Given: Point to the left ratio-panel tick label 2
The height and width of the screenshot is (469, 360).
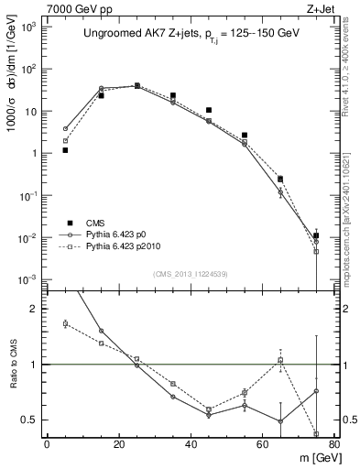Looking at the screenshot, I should coord(33,309).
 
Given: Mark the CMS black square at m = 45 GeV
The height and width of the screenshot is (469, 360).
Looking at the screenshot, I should coord(209,110).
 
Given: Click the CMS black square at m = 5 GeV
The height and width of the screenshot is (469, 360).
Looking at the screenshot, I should coord(65,149).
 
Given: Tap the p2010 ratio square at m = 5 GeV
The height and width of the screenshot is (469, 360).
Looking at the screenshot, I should coord(65,323).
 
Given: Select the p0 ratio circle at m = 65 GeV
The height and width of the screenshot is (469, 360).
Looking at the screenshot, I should coord(280,421).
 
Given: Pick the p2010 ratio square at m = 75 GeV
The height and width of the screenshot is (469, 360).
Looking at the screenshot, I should coord(316,433).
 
